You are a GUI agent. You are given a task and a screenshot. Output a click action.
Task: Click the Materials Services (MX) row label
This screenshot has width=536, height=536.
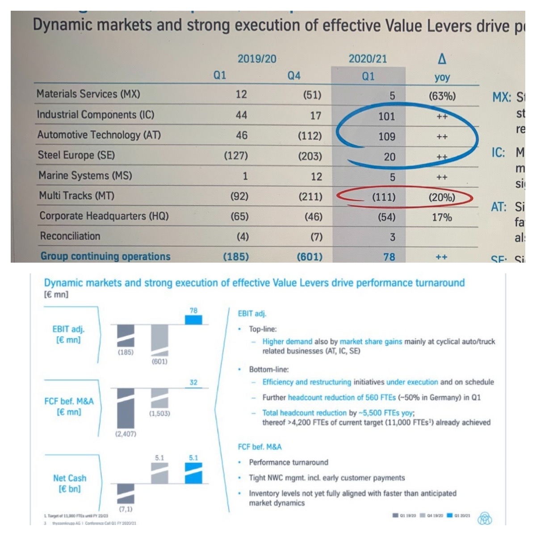88,94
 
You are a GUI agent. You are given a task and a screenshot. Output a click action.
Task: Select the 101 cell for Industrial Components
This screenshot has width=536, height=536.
386,117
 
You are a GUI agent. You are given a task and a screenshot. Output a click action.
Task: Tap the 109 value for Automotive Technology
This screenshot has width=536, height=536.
386,137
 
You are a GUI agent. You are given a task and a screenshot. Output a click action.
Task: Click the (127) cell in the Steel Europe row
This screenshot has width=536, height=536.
236,156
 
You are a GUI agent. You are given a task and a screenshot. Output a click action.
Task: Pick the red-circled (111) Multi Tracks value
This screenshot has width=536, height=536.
384,197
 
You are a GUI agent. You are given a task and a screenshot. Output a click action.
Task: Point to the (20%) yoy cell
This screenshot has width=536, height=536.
442,197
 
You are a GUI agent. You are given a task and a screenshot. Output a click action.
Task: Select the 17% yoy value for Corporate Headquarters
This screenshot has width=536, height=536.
442,218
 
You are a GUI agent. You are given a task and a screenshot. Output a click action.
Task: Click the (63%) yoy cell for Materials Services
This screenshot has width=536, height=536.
442,96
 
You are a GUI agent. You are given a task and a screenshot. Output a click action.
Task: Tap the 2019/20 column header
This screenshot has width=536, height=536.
257,59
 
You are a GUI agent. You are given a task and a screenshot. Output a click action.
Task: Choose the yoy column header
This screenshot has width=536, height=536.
442,77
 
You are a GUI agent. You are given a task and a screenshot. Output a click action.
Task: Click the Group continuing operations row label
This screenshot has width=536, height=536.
105,256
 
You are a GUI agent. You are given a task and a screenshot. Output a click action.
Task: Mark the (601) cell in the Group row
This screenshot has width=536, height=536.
310,257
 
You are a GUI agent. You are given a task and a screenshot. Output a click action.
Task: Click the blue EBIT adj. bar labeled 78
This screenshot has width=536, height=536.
193,320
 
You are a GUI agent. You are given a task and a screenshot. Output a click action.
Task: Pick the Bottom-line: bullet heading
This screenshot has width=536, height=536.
269,369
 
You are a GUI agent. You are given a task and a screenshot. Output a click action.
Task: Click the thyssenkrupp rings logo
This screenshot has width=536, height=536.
485,518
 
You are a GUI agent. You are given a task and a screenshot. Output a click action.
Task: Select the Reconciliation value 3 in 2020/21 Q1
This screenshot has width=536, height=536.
392,237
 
